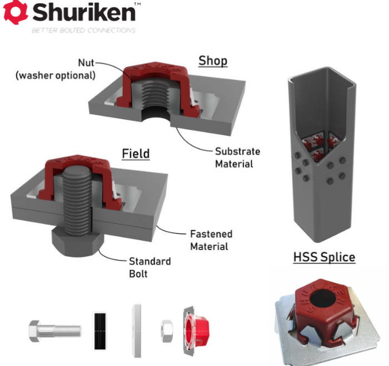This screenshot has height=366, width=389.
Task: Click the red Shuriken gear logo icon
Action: [16, 12]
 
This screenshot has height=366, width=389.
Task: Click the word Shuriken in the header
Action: [84, 12]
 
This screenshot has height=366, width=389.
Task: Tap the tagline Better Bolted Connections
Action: [83, 30]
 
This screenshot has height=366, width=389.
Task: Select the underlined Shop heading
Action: [213, 61]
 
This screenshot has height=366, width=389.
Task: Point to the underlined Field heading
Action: [136, 154]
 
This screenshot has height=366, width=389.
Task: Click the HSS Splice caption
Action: [324, 257]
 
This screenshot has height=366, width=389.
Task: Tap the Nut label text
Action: [86, 63]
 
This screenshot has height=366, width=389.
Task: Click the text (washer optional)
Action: [56, 75]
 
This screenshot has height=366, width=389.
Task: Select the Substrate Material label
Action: [237, 157]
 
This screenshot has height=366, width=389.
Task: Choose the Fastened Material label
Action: [211, 240]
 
